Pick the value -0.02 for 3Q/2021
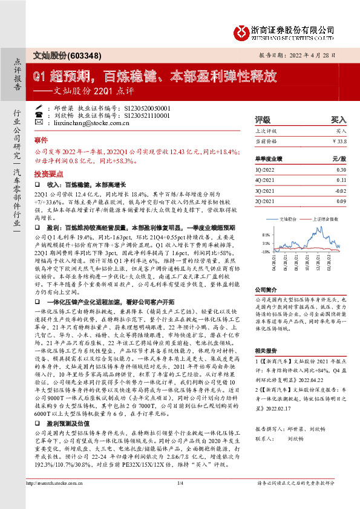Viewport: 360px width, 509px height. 339,190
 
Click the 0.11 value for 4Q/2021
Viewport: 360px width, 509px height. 341,180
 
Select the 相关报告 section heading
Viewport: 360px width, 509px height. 266,351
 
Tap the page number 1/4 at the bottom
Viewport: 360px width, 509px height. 180,501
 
